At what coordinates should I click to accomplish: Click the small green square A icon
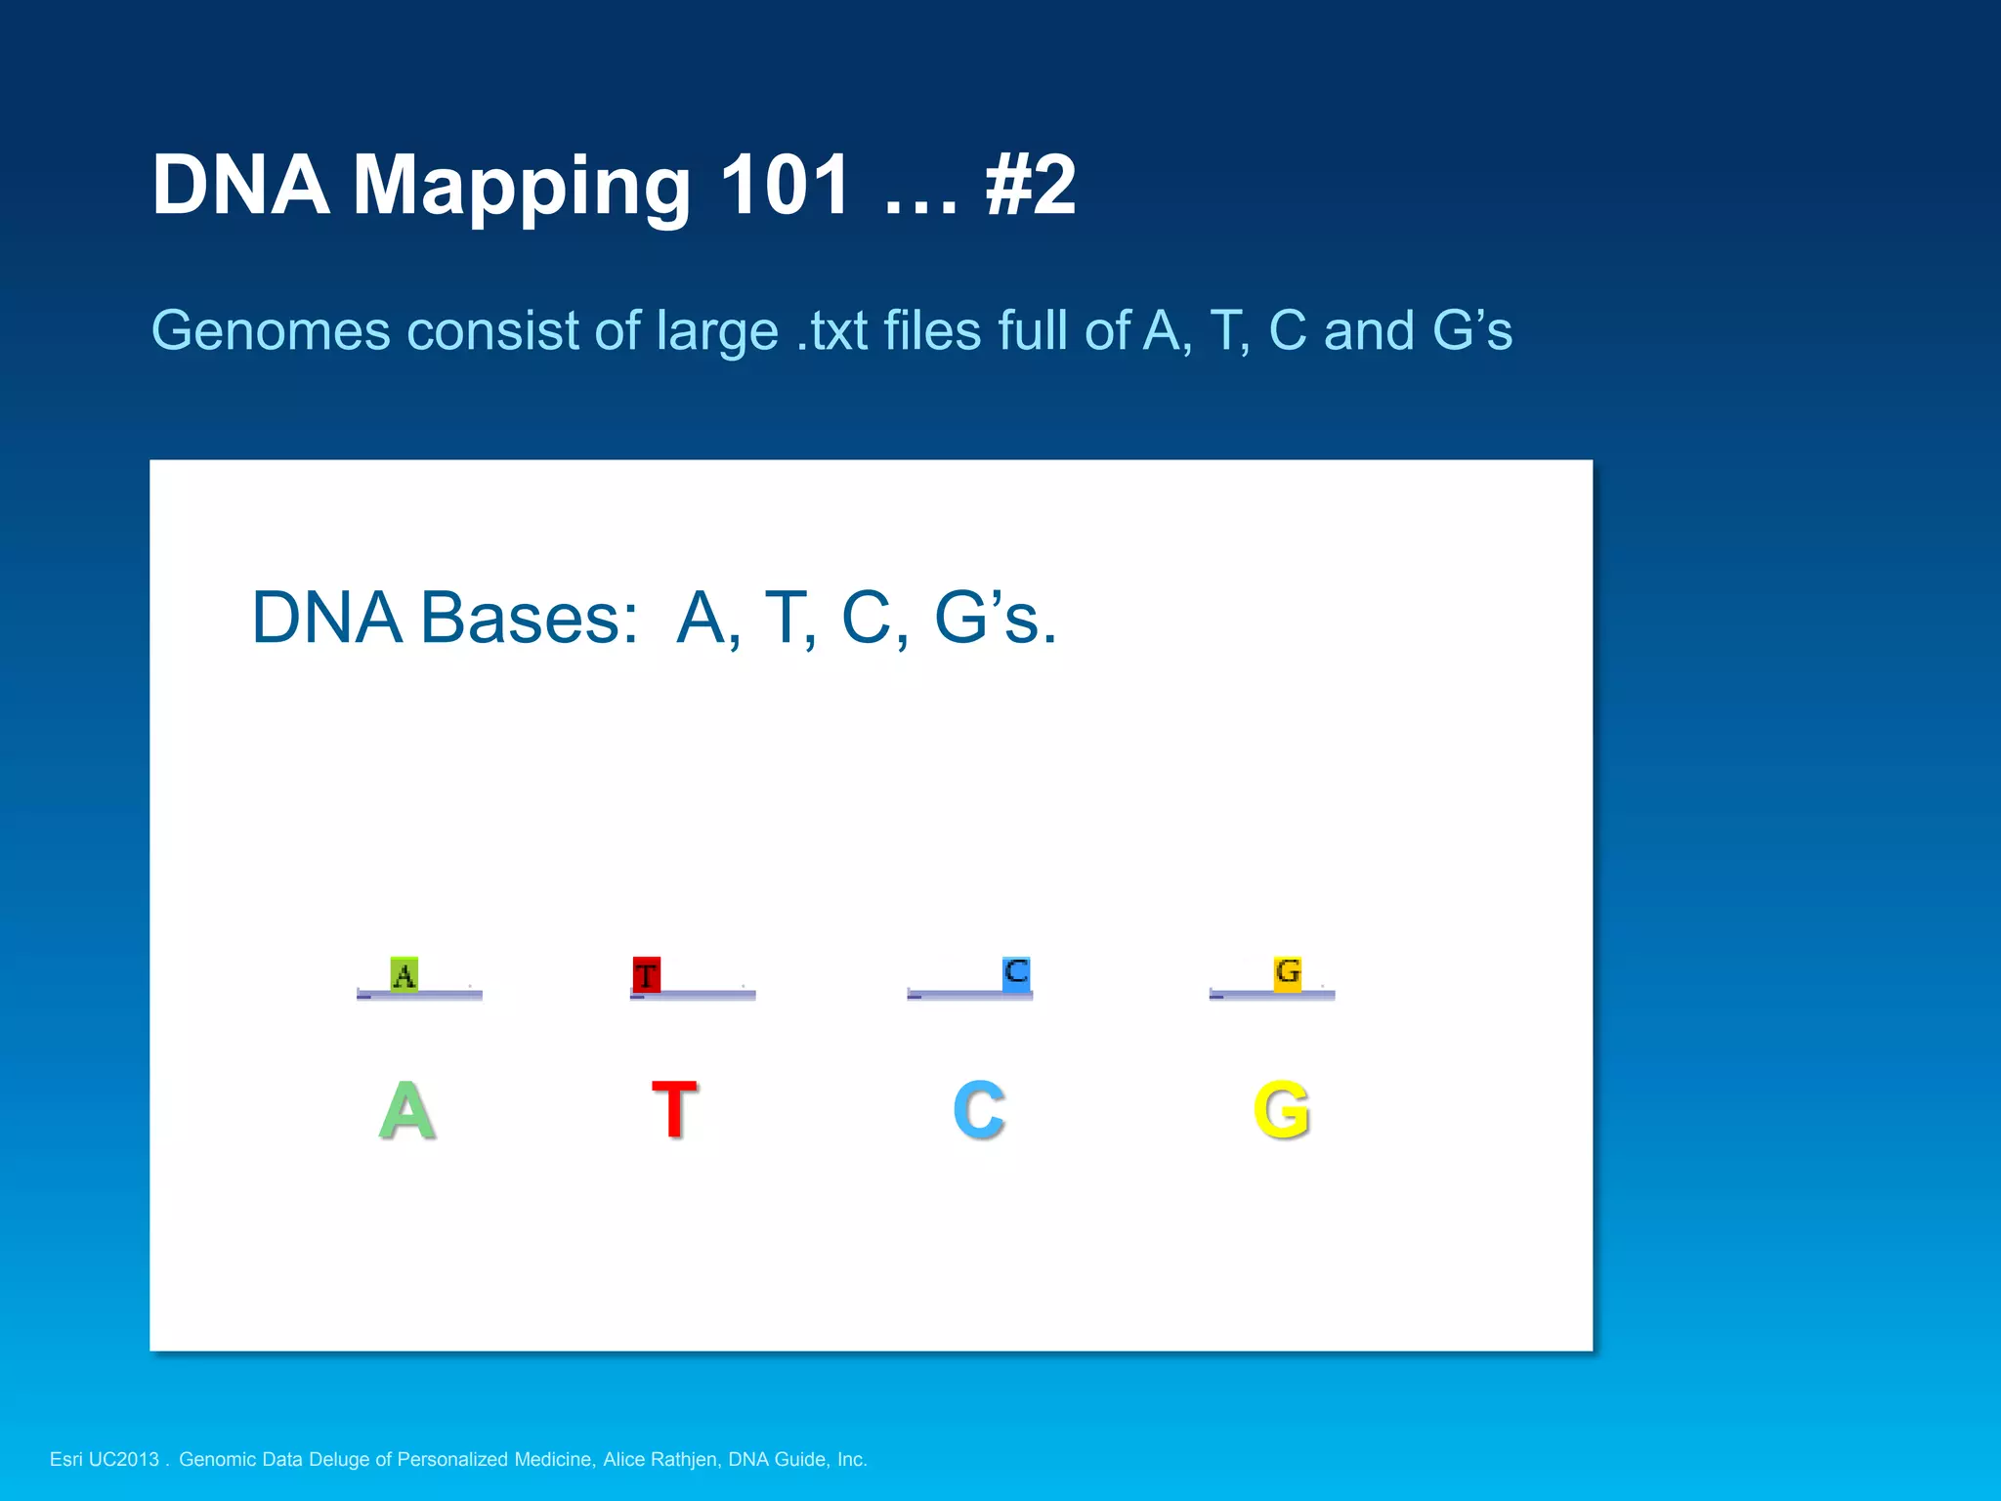(x=404, y=974)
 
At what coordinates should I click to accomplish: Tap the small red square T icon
(x=646, y=974)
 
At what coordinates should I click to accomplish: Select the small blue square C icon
(x=1016, y=972)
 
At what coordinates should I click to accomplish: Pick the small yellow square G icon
(x=1288, y=972)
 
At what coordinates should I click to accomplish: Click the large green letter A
(x=406, y=1110)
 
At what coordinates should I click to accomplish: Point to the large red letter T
(x=674, y=1110)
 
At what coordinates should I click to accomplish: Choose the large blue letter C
(x=979, y=1110)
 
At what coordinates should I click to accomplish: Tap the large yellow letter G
(x=1281, y=1110)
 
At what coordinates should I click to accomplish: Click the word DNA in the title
(x=240, y=185)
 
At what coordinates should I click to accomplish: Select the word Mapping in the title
(x=522, y=188)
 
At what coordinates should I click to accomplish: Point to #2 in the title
(x=1031, y=185)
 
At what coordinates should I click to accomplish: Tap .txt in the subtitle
(x=832, y=330)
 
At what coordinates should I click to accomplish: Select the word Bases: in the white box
(x=529, y=619)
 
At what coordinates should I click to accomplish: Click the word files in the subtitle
(x=932, y=330)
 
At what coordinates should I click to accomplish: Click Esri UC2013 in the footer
(x=104, y=1459)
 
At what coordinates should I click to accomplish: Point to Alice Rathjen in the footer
(x=660, y=1459)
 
